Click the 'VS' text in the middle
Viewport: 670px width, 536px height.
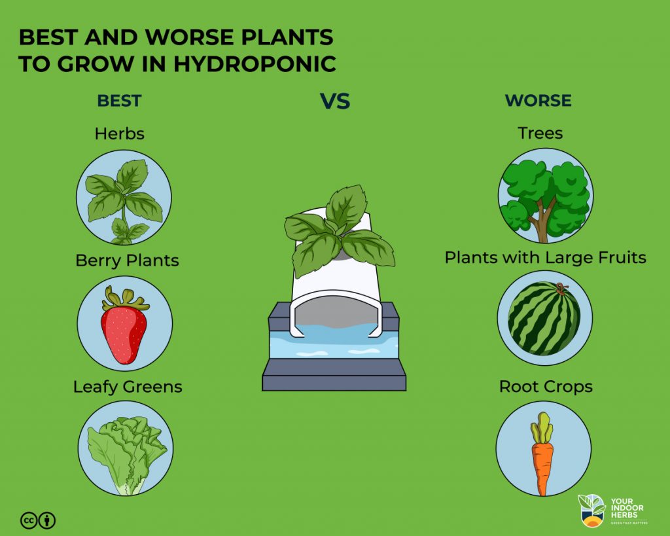[x=334, y=101]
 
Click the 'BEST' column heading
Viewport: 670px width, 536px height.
[x=119, y=101]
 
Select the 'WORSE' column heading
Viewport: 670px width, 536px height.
[x=538, y=101]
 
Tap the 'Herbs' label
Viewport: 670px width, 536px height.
[x=119, y=134]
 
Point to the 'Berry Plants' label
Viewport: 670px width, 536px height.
[x=127, y=260]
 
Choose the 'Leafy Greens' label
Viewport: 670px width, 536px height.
[x=128, y=387]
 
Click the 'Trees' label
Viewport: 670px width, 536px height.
[x=540, y=133]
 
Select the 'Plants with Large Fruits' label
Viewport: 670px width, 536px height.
[x=545, y=257]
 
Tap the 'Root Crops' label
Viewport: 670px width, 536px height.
[x=546, y=386]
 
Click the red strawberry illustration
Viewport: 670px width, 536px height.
[x=124, y=331]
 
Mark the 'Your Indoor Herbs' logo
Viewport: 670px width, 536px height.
[x=611, y=510]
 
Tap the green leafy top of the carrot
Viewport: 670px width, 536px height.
[x=542, y=429]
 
